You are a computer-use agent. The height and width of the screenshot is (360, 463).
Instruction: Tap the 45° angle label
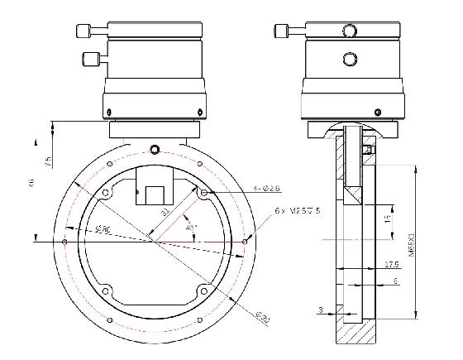coord(193,226)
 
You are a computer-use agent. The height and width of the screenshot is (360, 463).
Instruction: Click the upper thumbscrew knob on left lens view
coord(83,31)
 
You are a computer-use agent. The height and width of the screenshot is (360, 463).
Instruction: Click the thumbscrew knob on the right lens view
coord(280,31)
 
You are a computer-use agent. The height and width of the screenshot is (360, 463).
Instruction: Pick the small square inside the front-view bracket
coord(154,195)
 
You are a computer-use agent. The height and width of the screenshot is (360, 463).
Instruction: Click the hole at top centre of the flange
coord(154,149)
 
